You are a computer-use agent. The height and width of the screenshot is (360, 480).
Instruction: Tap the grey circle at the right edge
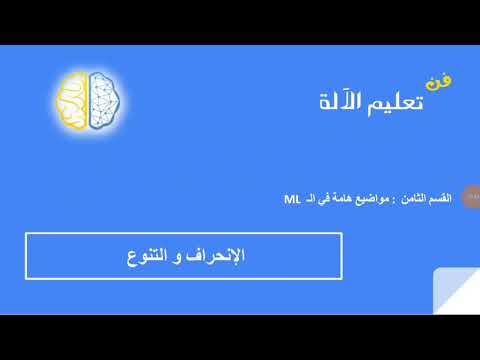pos(467,199)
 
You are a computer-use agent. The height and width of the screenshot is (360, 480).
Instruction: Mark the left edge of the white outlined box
pos(26,256)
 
